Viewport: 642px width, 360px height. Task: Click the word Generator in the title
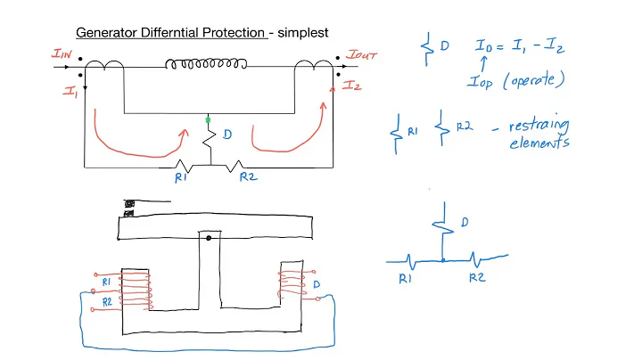pos(105,32)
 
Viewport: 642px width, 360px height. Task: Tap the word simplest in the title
pos(302,32)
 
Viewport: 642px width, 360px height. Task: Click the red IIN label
pos(63,55)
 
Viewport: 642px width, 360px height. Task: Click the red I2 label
pos(352,86)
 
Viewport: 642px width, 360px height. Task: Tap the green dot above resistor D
pos(208,119)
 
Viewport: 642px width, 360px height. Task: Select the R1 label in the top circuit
pos(182,177)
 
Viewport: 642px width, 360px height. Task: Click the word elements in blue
pos(539,143)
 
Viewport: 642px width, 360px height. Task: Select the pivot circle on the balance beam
pos(207,239)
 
